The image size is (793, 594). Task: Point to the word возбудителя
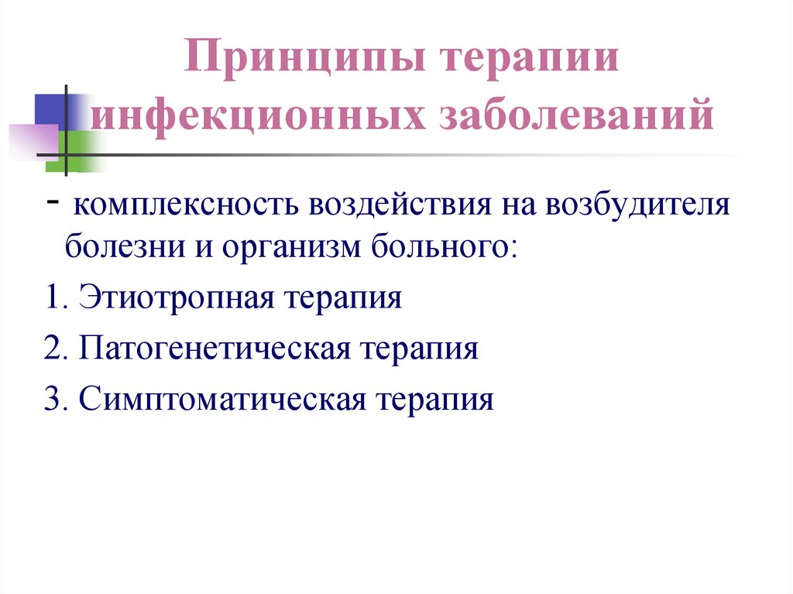(640, 207)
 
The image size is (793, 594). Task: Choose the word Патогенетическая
(214, 349)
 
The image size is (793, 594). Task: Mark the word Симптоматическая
(221, 400)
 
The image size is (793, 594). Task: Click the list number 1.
(51, 298)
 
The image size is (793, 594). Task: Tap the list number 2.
(51, 349)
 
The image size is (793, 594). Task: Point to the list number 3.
(51, 400)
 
